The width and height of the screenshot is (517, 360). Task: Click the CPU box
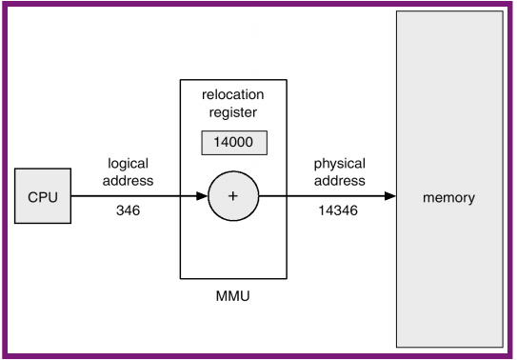coord(44,197)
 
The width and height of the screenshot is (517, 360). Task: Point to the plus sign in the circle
coord(233,197)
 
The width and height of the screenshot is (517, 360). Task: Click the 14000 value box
coord(233,143)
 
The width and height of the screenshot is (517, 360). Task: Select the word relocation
coord(233,95)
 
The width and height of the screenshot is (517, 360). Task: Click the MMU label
coord(233,297)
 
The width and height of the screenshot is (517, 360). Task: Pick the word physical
coord(339,164)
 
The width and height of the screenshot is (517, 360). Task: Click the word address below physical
coord(339,180)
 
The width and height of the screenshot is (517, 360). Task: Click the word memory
coord(448,198)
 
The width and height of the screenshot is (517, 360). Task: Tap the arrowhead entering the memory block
coord(390,197)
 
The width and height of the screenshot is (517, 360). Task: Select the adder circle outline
coord(233,173)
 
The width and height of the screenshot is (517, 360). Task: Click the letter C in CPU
coord(32,197)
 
